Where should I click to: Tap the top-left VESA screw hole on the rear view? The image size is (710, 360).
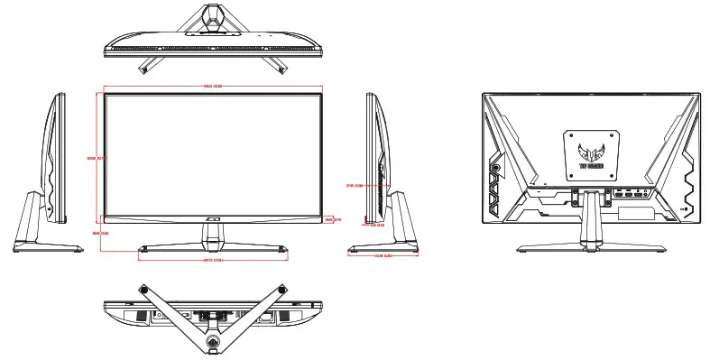[x=572, y=134]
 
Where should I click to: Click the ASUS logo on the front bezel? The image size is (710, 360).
[x=213, y=217]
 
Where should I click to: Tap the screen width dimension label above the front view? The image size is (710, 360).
[x=213, y=87]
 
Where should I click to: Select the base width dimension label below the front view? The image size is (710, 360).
[x=213, y=261]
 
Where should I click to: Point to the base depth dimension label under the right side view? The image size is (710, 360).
[x=383, y=256]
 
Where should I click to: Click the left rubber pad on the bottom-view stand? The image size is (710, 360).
[x=143, y=288]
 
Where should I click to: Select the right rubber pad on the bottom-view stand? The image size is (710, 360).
[x=283, y=288]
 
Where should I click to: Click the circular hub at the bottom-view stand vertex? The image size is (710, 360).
[x=214, y=341]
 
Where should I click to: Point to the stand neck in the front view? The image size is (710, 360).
[x=213, y=233]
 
